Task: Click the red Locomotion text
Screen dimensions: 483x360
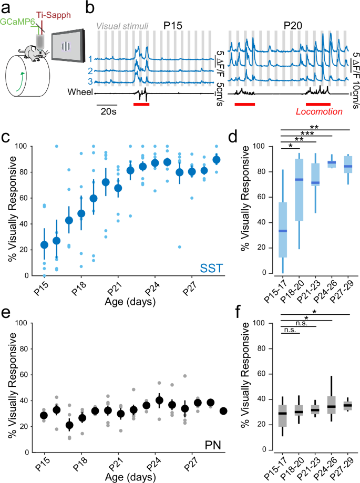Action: (x=318, y=111)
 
